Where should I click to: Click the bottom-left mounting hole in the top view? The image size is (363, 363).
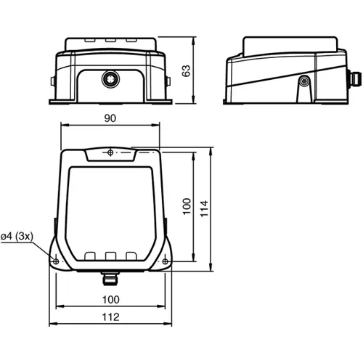pos(55,261)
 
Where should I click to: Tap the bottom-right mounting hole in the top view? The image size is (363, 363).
pos(166,261)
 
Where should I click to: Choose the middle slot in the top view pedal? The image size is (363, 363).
pos(111,256)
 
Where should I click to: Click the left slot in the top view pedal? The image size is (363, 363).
pos(90,256)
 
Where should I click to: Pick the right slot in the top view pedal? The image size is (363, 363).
pos(131,256)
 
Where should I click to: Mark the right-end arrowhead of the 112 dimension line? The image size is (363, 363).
pos(170,325)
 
